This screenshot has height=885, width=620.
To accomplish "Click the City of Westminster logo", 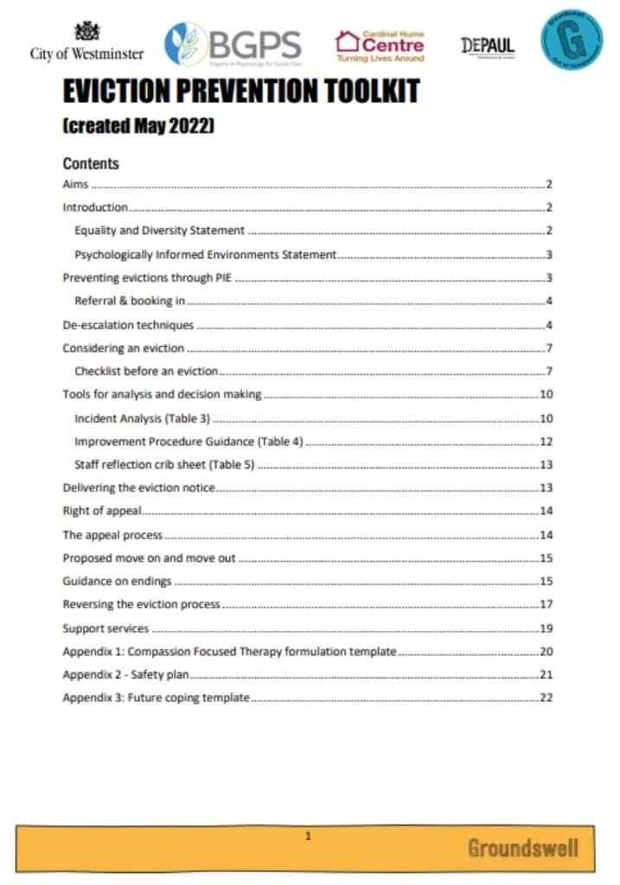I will tap(86, 41).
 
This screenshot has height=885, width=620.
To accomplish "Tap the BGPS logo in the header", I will tap(233, 43).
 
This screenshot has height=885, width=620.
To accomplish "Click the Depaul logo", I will tap(488, 46).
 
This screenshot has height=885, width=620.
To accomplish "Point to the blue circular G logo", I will tap(572, 38).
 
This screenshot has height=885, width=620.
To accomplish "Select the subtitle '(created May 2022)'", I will tap(138, 126).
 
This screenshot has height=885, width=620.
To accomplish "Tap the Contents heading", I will tap(91, 163).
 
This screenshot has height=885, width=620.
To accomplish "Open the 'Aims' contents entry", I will tap(76, 185).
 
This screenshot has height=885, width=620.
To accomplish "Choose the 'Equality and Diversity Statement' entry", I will tap(160, 231).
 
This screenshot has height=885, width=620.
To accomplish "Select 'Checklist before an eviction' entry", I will tap(146, 372).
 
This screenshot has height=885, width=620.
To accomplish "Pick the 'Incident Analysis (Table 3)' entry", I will tap(143, 419).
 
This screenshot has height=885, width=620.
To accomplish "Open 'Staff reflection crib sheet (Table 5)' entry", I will tap(164, 465).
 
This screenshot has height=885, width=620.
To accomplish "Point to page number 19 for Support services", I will tap(546, 628).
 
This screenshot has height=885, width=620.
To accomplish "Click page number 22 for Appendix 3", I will tap(546, 697).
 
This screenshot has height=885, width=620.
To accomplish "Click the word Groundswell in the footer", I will tap(522, 848).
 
